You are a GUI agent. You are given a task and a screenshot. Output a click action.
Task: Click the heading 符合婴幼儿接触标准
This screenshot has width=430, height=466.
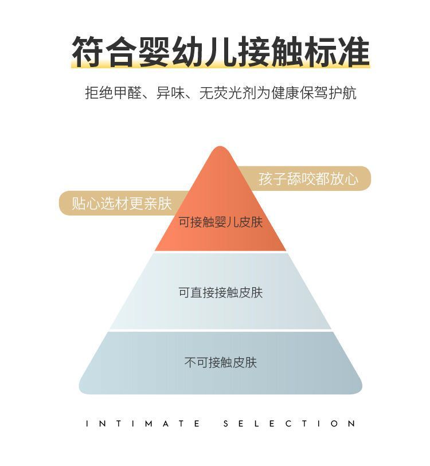[x=220, y=52]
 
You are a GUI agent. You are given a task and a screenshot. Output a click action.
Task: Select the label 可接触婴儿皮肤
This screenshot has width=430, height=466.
[x=220, y=222]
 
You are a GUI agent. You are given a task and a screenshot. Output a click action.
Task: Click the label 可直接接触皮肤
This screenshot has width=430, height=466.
[x=220, y=293]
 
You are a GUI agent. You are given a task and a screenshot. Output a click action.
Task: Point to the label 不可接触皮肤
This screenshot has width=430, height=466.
[x=220, y=362]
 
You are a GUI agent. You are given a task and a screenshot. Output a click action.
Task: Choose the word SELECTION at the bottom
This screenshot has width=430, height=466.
[x=289, y=424]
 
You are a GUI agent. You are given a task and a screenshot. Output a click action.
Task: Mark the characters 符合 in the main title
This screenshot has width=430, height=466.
[x=101, y=52]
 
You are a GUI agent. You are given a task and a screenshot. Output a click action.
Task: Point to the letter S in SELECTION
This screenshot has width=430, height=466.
[x=225, y=424]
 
